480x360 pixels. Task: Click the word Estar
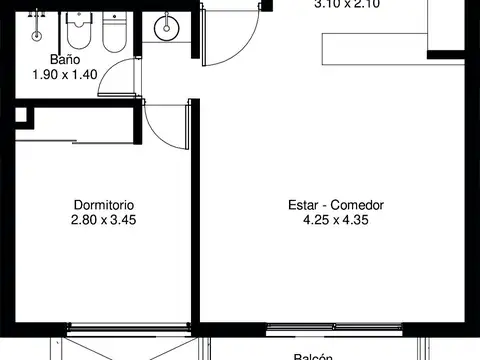pyautogui.click(x=304, y=206)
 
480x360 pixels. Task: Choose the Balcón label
pyautogui.click(x=313, y=355)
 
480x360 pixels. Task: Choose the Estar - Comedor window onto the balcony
pyautogui.click(x=335, y=326)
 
